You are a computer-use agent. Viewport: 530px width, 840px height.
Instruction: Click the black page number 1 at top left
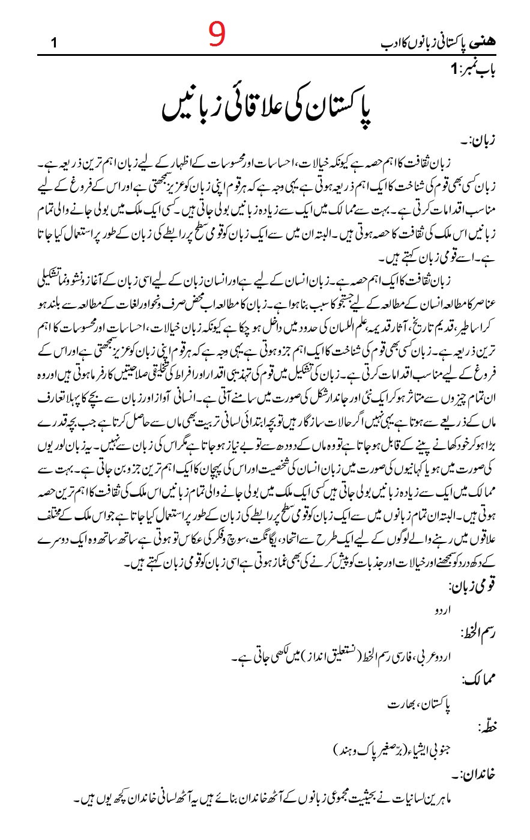click(54, 44)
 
